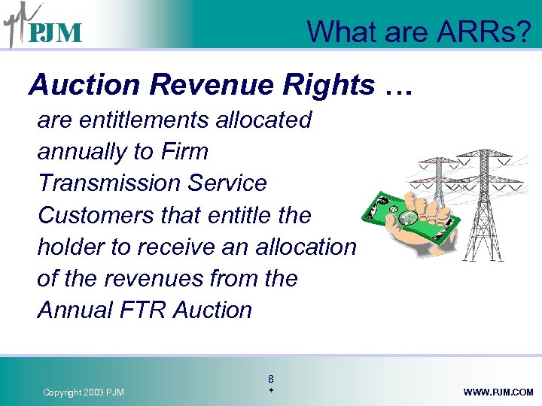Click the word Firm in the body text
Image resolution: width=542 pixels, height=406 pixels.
(184, 151)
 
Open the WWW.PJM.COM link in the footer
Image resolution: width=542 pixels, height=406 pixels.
(499, 392)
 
